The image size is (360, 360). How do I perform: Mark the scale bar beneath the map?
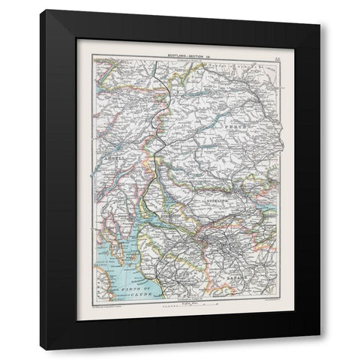175,304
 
